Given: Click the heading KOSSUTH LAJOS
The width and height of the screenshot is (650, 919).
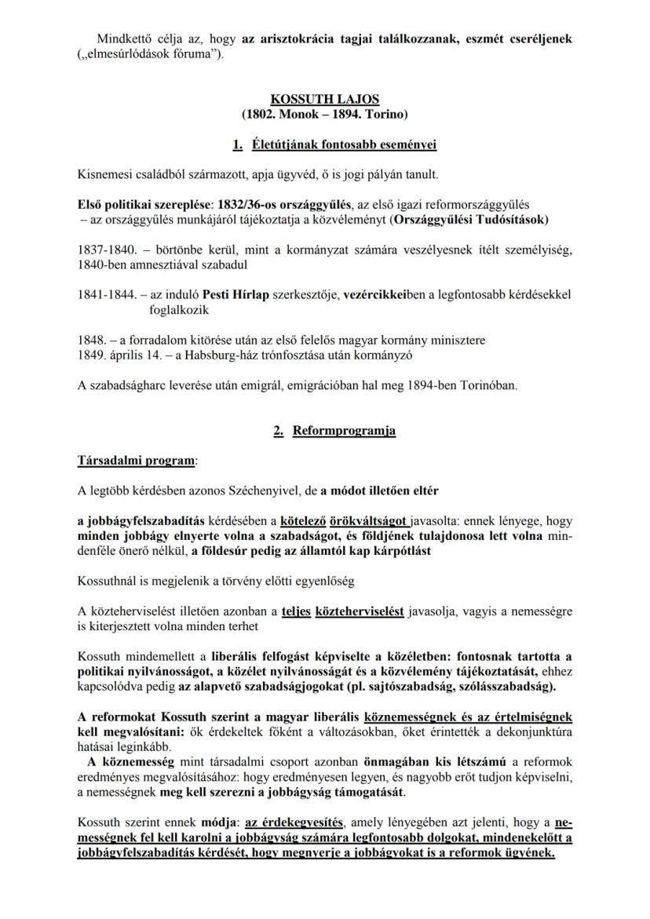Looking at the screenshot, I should pyautogui.click(x=324, y=100).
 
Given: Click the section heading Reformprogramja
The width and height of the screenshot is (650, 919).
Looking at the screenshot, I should pyautogui.click(x=344, y=430).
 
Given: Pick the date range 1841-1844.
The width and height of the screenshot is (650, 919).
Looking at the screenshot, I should pyautogui.click(x=104, y=294).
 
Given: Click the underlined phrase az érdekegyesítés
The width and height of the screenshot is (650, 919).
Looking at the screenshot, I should pyautogui.click(x=294, y=822).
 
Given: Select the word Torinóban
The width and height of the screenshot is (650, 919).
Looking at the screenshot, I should pyautogui.click(x=483, y=385).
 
